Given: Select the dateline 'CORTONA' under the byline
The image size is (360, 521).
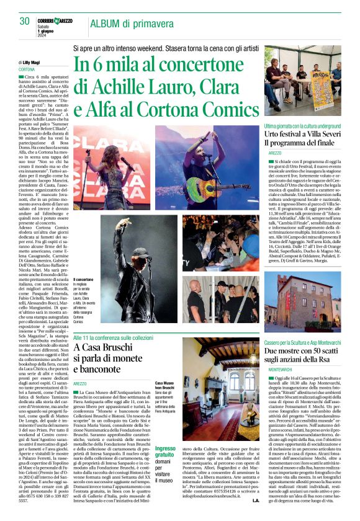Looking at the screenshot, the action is point(27,69).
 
